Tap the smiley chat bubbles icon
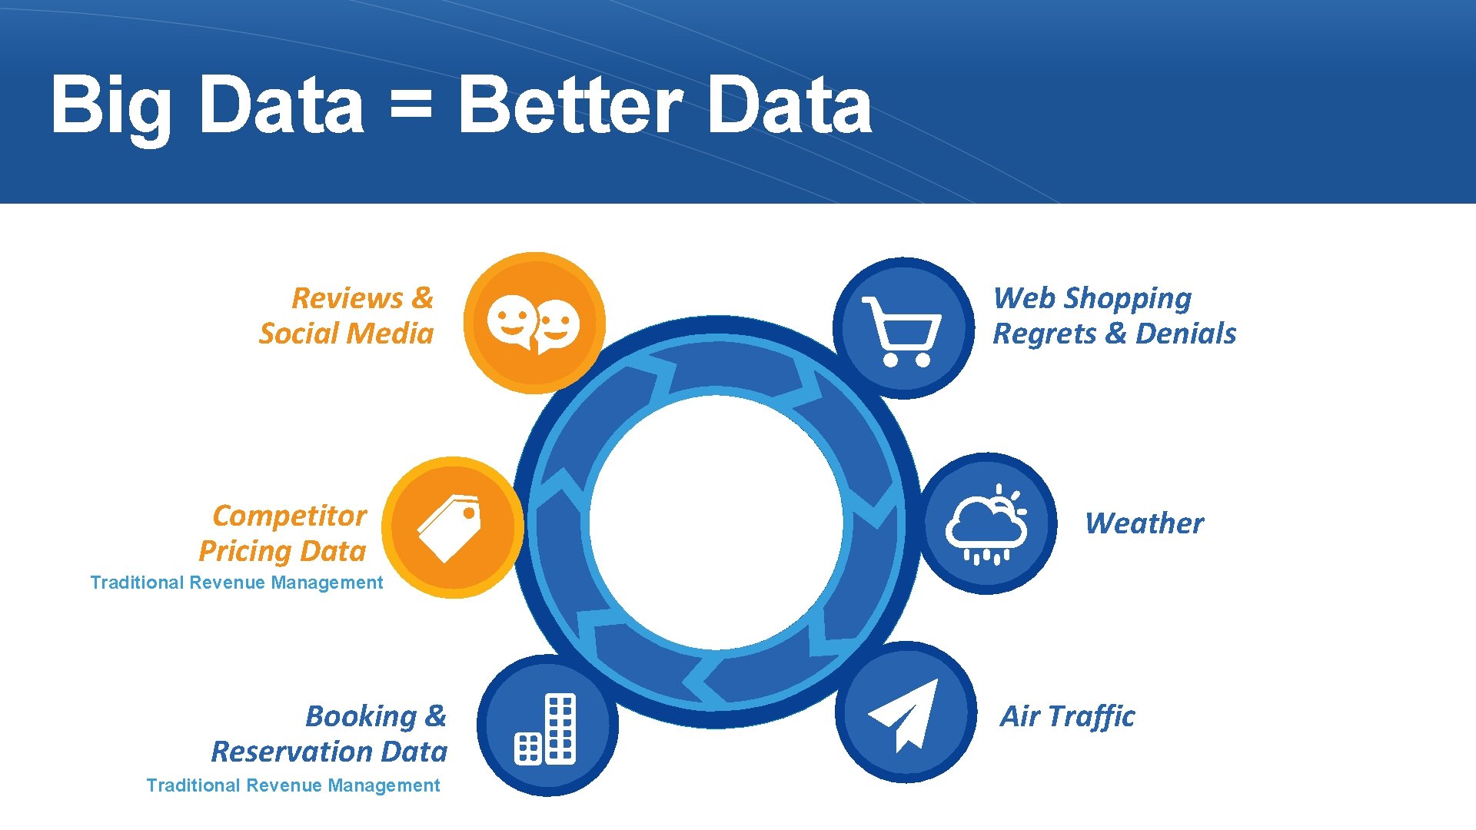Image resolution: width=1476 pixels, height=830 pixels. pos(534,324)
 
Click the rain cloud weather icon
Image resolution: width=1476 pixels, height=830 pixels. pos(987,524)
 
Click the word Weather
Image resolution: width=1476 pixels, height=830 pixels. pos(1144,523)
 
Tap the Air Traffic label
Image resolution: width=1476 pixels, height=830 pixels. pos(1067,716)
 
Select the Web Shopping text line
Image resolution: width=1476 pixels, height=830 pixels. pos(1092,298)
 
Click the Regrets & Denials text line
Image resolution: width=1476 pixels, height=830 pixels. pos(1114,334)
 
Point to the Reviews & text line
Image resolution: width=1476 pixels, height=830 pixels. pos(362,298)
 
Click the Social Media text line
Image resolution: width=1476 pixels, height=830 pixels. pos(346,334)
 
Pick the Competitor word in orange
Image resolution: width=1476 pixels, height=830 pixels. pos(289,516)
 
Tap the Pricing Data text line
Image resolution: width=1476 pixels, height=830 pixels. pos(282,551)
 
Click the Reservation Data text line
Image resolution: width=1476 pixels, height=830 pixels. pos(329,751)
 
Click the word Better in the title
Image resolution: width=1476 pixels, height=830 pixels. pos(570,105)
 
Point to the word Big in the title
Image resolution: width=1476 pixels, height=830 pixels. pos(111,105)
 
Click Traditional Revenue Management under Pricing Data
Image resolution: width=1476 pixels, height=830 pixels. pos(236,583)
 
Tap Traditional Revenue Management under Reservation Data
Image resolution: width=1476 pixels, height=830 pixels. pos(293,785)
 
